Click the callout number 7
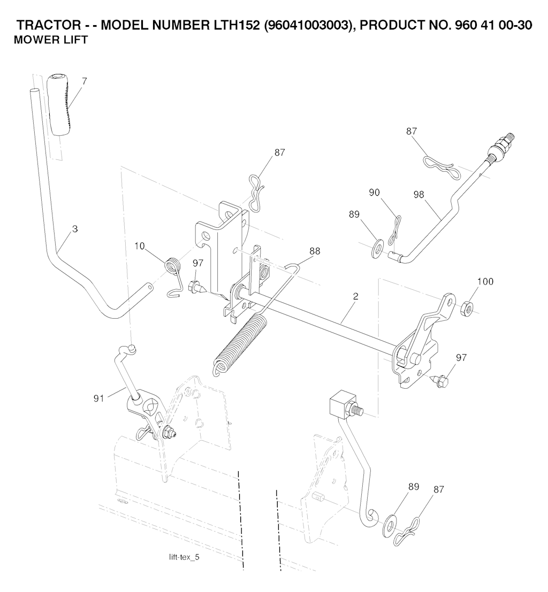pos(84,81)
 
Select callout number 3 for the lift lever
pos(75,229)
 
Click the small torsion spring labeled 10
pos(171,267)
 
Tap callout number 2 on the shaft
pos(355,296)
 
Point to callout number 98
pos(418,195)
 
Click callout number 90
pos(375,192)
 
